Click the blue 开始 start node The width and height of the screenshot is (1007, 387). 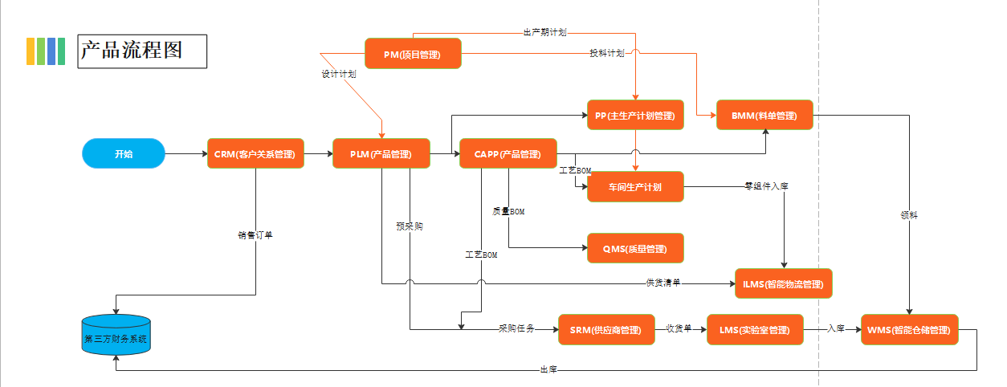[123, 153]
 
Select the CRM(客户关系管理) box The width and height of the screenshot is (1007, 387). [255, 153]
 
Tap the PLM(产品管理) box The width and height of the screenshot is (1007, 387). [381, 153]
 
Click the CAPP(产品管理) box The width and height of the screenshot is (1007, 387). [508, 153]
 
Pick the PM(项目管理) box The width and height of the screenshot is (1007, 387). [413, 54]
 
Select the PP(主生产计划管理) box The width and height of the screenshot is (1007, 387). [635, 115]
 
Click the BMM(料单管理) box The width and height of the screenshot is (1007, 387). [764, 115]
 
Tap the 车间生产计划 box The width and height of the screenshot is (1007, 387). [635, 186]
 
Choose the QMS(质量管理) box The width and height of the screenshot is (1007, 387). [635, 248]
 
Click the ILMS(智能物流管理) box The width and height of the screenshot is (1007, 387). [784, 283]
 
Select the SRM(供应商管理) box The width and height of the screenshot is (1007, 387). [606, 329]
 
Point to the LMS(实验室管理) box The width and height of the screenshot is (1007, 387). [755, 329]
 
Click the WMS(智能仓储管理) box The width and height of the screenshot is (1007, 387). [910, 329]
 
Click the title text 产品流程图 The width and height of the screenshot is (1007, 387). [132, 50]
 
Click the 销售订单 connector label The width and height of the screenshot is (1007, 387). [255, 235]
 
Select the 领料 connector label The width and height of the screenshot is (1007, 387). [909, 215]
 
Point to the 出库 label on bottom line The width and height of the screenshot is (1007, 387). [548, 369]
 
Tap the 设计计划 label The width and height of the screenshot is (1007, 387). [339, 73]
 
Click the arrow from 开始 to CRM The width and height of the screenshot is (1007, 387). [185, 153]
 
